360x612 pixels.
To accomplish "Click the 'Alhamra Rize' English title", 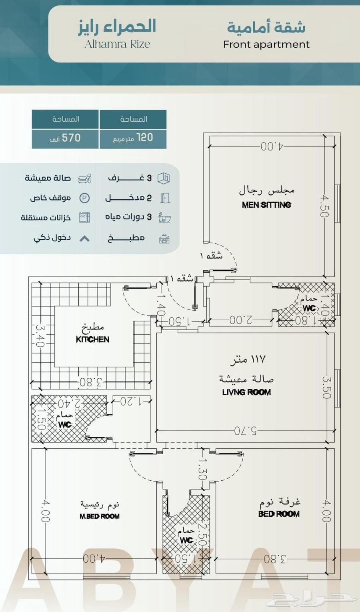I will (x=117, y=44).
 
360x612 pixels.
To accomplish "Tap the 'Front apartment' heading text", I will (x=266, y=44).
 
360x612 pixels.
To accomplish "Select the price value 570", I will (x=71, y=138).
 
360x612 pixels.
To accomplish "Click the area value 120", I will (x=144, y=138).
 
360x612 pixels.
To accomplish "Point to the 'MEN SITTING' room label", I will (x=266, y=205).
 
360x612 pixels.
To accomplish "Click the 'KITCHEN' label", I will (x=92, y=339).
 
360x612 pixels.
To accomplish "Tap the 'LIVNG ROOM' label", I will (x=246, y=392).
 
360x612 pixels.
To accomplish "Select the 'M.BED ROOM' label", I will (x=99, y=516).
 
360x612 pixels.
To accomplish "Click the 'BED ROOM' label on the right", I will (x=279, y=514).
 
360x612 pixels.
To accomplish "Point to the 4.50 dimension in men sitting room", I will (x=324, y=206).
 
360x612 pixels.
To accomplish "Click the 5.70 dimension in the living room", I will (x=246, y=431).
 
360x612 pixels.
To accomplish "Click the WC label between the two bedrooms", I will (x=186, y=540).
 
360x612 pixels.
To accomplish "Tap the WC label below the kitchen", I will (x=65, y=424).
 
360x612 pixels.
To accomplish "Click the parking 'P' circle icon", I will (x=84, y=198).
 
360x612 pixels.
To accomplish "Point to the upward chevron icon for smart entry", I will (x=84, y=239).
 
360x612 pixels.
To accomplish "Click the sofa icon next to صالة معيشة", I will (x=84, y=179).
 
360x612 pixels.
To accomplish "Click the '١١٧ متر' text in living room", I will (x=248, y=359).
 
